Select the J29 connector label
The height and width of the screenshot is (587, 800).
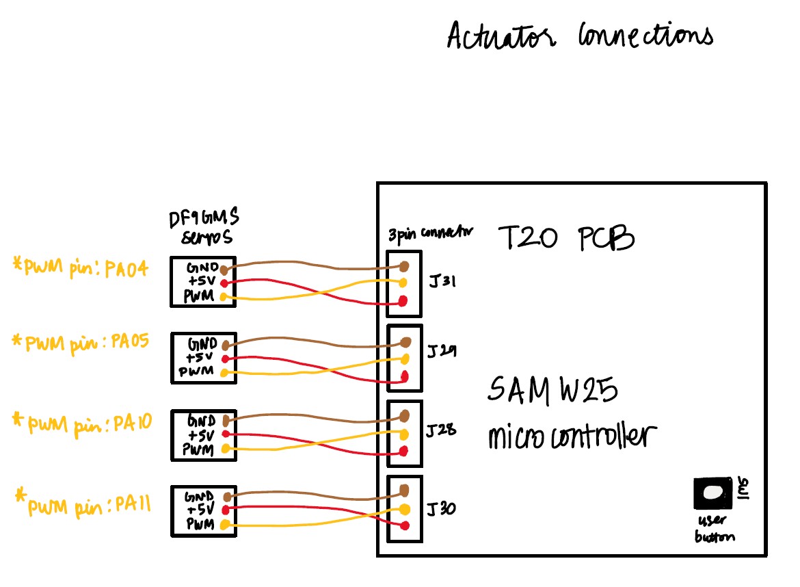click(442, 352)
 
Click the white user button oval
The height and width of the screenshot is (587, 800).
click(712, 492)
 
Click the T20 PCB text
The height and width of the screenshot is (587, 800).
click(566, 239)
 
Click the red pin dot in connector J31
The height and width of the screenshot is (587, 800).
click(403, 301)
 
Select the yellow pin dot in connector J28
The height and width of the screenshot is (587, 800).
click(404, 434)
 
